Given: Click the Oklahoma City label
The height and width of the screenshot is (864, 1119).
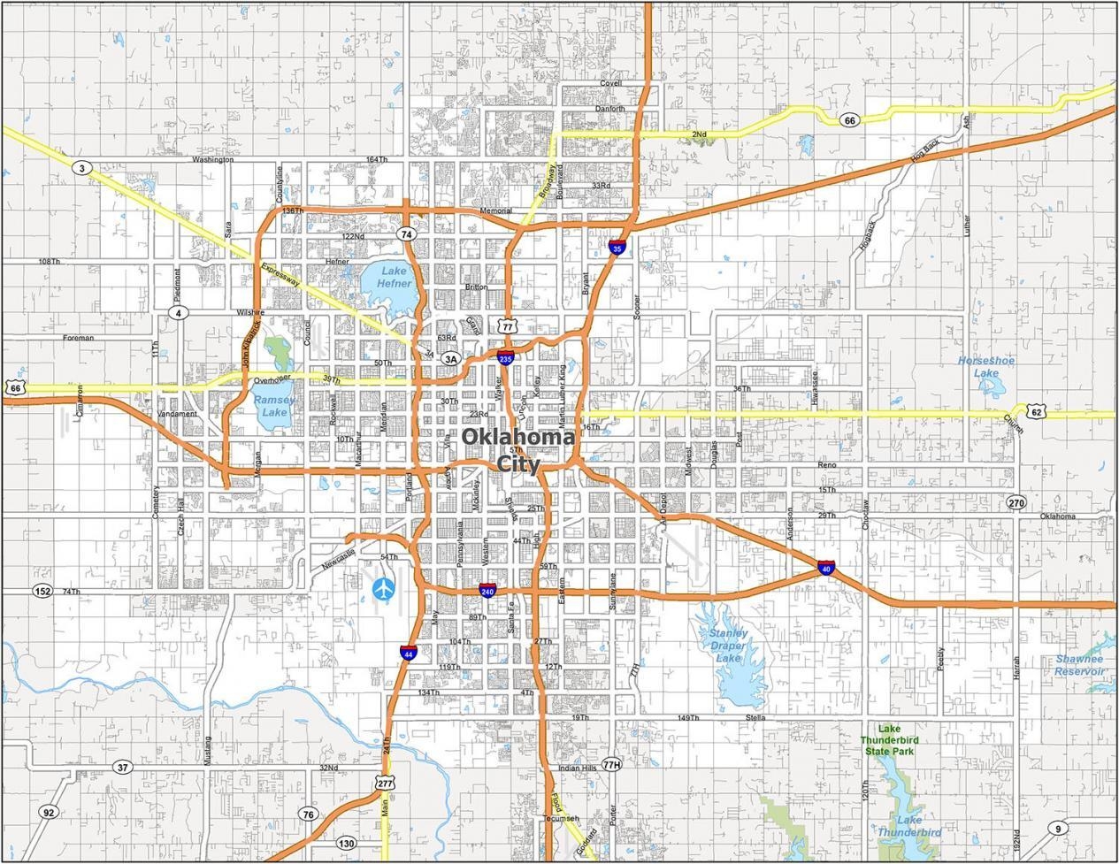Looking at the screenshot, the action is tap(517, 449).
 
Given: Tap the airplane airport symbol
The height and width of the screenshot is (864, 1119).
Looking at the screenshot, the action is tap(384, 587).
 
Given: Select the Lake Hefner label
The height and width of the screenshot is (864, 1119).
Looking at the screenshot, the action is tap(395, 277).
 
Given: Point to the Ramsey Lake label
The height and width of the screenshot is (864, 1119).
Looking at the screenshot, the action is tap(274, 406).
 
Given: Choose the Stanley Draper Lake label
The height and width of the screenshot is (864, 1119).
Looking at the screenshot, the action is tap(727, 646).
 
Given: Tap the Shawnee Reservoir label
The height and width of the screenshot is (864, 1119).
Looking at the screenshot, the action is tap(1079, 665).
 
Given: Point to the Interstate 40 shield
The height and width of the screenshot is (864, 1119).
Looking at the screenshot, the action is tap(826, 568).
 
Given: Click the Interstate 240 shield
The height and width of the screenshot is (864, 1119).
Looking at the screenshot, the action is tap(487, 590).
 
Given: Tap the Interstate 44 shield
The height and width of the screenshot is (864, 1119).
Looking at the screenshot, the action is tap(408, 654).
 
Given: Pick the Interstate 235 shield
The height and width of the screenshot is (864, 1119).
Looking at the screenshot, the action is tap(505, 358).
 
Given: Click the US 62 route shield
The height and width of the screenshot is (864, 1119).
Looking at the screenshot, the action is tap(1037, 411).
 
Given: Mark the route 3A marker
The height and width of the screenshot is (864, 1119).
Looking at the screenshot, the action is tap(451, 359).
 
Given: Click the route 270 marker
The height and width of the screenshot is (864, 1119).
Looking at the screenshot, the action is tap(1016, 502).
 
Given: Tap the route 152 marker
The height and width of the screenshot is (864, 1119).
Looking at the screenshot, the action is tap(42, 591).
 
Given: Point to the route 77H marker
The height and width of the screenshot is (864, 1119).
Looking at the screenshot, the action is tap(611, 764).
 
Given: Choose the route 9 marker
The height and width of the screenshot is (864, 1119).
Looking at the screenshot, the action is tap(1058, 829).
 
